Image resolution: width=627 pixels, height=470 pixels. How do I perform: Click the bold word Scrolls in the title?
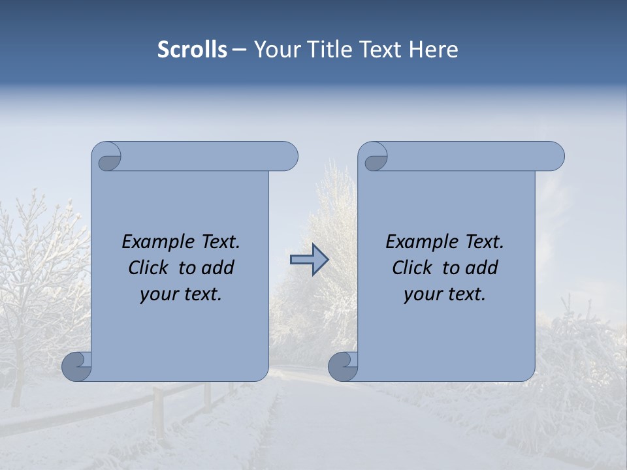coord(192,50)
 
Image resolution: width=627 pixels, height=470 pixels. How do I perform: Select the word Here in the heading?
coord(434,50)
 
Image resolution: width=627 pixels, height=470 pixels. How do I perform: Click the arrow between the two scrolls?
coord(309,260)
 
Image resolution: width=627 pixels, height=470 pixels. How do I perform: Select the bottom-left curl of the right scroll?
coord(343,366)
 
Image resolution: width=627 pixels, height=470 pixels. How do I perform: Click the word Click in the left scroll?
coord(150,268)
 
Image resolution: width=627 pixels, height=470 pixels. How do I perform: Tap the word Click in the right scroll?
coord(414,268)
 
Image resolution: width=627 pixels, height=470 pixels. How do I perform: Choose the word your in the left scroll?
coord(158,294)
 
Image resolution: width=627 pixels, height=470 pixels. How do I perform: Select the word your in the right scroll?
coord(422,294)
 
